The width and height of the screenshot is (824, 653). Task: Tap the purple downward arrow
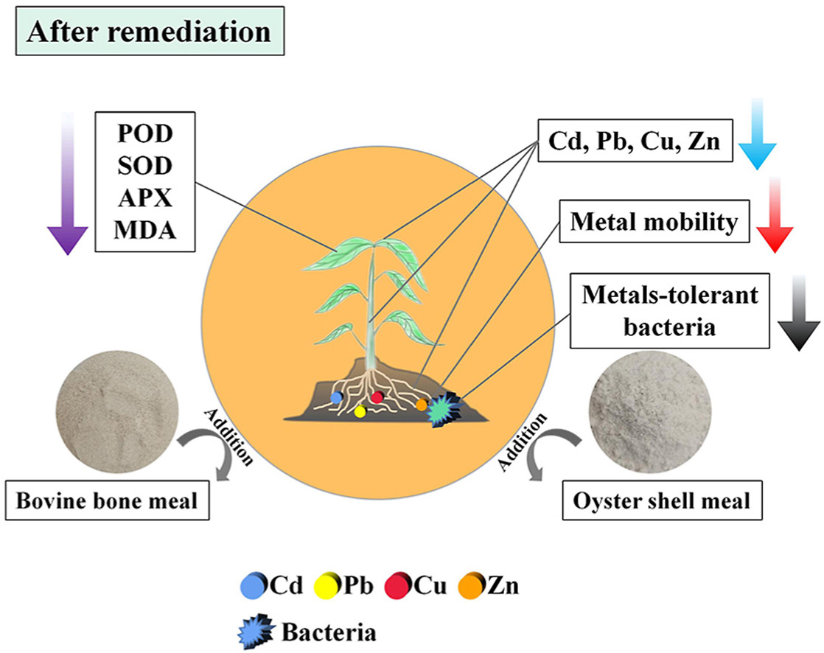pyautogui.click(x=67, y=184)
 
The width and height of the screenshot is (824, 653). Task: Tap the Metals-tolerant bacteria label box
pyautogui.click(x=649, y=312)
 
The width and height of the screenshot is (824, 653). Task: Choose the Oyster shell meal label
pyautogui.click(x=660, y=501)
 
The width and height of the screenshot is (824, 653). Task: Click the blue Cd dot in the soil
pyautogui.click(x=337, y=398)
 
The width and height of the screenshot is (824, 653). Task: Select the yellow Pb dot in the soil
pyautogui.click(x=360, y=412)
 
